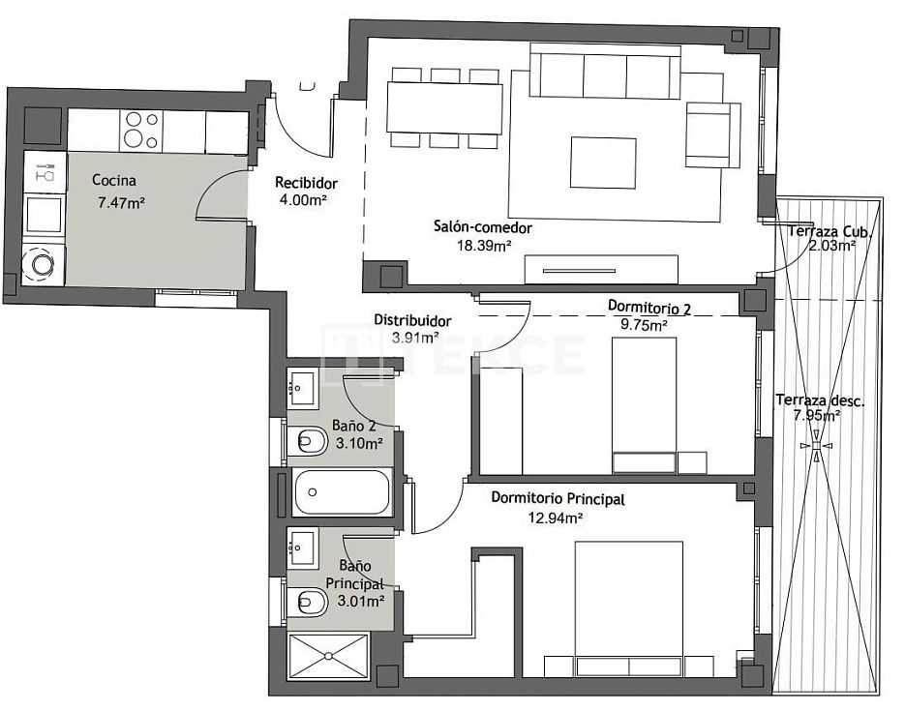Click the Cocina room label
click(x=114, y=181)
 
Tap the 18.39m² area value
click(x=484, y=246)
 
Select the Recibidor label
click(x=306, y=183)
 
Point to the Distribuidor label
click(x=412, y=320)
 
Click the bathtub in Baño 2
click(x=342, y=491)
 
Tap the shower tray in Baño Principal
click(x=328, y=656)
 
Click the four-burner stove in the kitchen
click(x=141, y=131)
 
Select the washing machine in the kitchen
click(x=44, y=264)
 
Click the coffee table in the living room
click(x=603, y=163)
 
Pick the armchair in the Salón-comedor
click(x=712, y=134)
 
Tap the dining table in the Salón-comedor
click(x=444, y=108)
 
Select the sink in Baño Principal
click(x=302, y=545)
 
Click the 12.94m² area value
click(x=556, y=518)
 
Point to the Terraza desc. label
click(x=820, y=400)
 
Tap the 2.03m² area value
click(x=831, y=246)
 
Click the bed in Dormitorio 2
click(x=644, y=405)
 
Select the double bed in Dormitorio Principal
click(x=629, y=608)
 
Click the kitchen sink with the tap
click(x=45, y=172)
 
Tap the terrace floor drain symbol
click(x=816, y=446)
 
